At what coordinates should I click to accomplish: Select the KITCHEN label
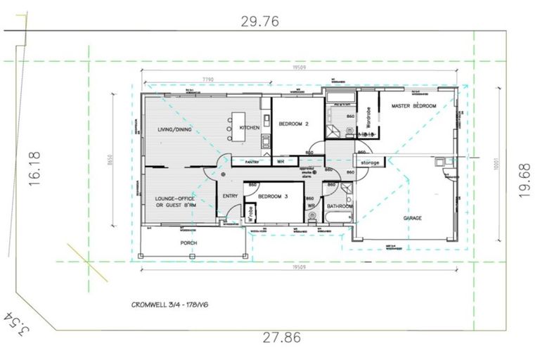250,127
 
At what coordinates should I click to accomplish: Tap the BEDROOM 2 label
295,124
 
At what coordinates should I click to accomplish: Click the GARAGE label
413,219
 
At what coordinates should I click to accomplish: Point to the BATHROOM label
339,206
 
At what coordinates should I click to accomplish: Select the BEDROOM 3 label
273,197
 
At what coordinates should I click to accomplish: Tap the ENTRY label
230,196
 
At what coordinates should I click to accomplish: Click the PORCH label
188,243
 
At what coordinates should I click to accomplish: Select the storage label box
370,162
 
